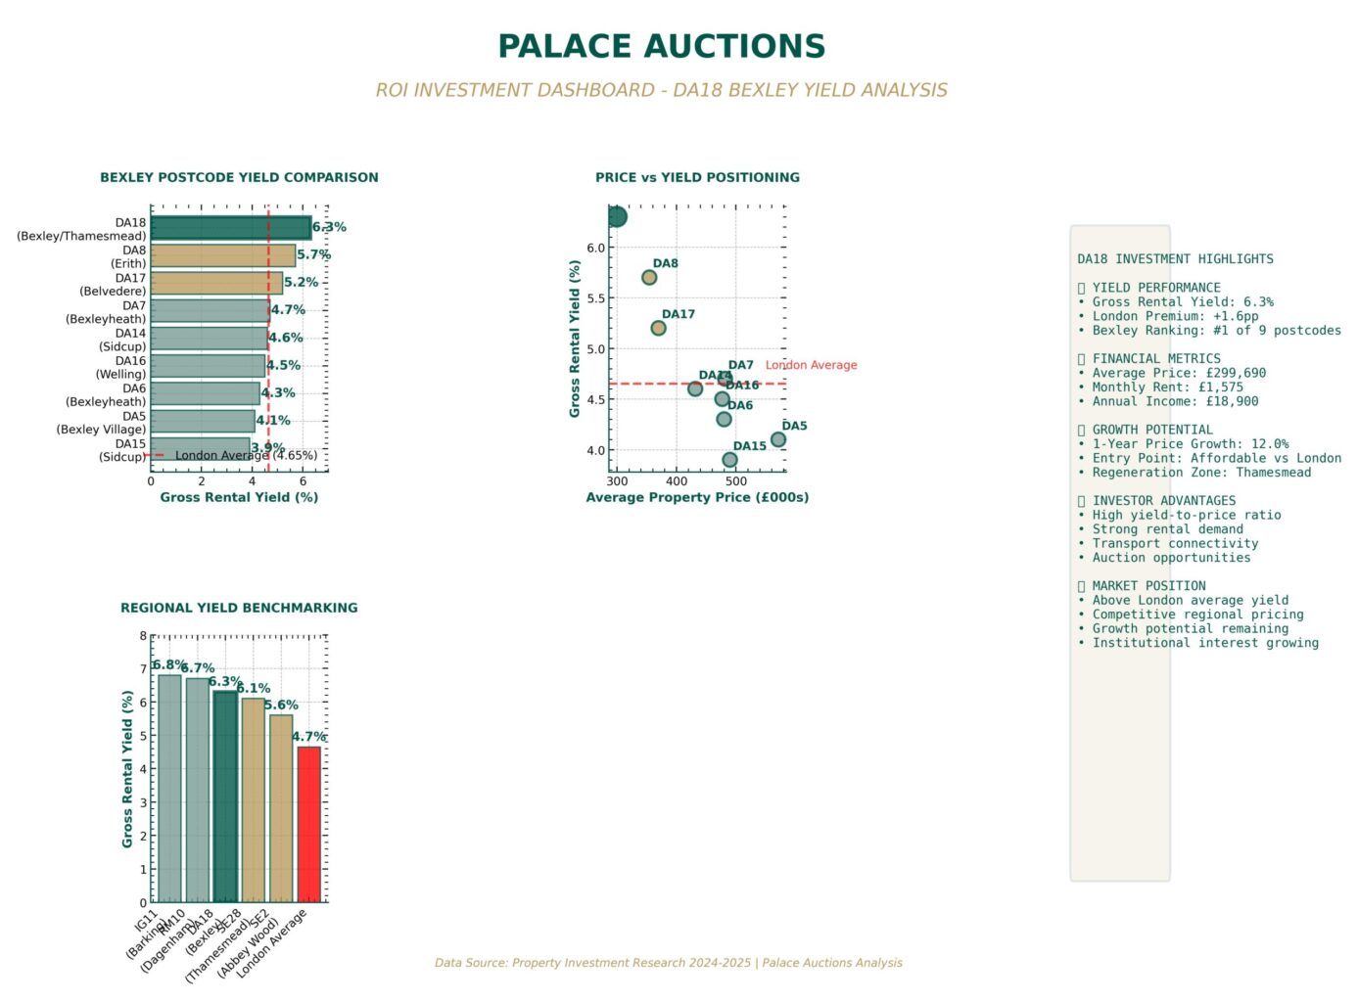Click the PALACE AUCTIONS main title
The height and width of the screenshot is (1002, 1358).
coord(661,46)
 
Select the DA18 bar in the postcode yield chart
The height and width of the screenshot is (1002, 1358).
coord(231,228)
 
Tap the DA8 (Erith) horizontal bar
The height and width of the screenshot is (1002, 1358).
coord(223,255)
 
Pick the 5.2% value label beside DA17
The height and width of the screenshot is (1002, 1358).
coord(301,283)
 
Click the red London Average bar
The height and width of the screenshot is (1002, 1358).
coord(309,824)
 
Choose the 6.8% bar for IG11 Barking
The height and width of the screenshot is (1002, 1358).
coord(169,788)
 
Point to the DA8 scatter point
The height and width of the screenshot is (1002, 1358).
coord(649,278)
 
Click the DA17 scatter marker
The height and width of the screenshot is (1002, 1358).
coord(658,328)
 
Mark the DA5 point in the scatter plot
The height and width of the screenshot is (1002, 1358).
coord(778,439)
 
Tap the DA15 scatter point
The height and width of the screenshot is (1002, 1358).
coord(729,460)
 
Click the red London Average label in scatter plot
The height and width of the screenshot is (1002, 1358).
coord(811,365)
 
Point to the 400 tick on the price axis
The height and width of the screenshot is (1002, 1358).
coord(677,481)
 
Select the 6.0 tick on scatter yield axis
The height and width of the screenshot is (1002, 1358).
coord(595,249)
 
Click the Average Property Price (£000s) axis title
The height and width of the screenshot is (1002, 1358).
coord(697,497)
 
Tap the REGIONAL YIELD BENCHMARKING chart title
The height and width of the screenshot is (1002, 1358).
coord(239,608)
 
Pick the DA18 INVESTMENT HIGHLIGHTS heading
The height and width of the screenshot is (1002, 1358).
coord(1175,259)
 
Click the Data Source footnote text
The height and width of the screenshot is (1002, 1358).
coord(669,963)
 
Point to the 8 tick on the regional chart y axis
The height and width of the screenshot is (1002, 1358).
coord(143,636)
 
